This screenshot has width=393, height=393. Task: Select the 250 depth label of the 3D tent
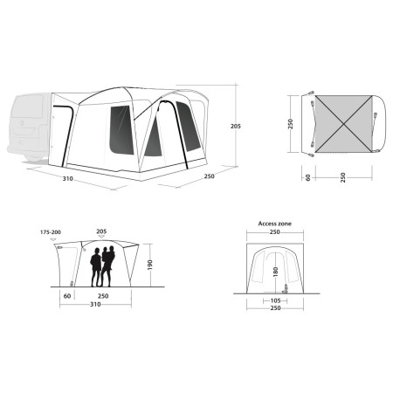[210, 176]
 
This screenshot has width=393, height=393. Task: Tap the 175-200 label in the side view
[52, 232]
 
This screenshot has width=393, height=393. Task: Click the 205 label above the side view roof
[102, 232]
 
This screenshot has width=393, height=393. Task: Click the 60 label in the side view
[67, 296]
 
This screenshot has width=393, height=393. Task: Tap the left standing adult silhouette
[95, 265]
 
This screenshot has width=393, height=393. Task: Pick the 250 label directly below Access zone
[273, 232]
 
